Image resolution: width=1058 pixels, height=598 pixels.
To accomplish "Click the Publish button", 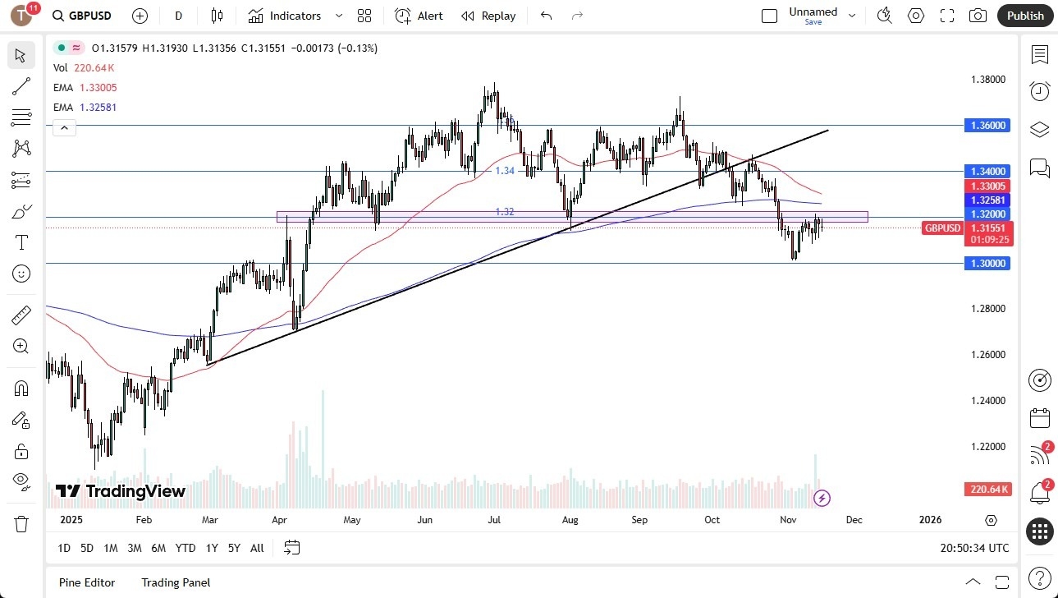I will [1025, 16].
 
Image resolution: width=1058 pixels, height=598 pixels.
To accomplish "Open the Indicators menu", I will [295, 16].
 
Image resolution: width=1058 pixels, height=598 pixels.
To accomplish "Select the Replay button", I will [488, 16].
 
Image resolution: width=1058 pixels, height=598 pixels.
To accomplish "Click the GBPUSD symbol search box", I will [82, 16].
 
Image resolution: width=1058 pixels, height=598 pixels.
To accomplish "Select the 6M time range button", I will [158, 548].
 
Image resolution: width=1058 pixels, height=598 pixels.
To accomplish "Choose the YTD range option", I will [185, 548].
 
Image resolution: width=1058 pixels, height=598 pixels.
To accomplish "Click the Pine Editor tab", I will [86, 582].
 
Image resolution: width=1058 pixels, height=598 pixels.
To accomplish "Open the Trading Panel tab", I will [176, 582].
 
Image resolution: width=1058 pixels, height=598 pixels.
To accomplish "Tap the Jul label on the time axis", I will [495, 520].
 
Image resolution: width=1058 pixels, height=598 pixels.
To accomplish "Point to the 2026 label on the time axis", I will [930, 520].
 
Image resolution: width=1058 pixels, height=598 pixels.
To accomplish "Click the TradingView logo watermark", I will [120, 491].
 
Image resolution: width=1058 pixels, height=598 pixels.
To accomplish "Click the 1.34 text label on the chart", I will [505, 171].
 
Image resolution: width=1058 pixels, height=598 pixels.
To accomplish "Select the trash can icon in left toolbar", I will [21, 524].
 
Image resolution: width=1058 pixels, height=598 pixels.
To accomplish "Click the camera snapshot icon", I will [978, 16].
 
